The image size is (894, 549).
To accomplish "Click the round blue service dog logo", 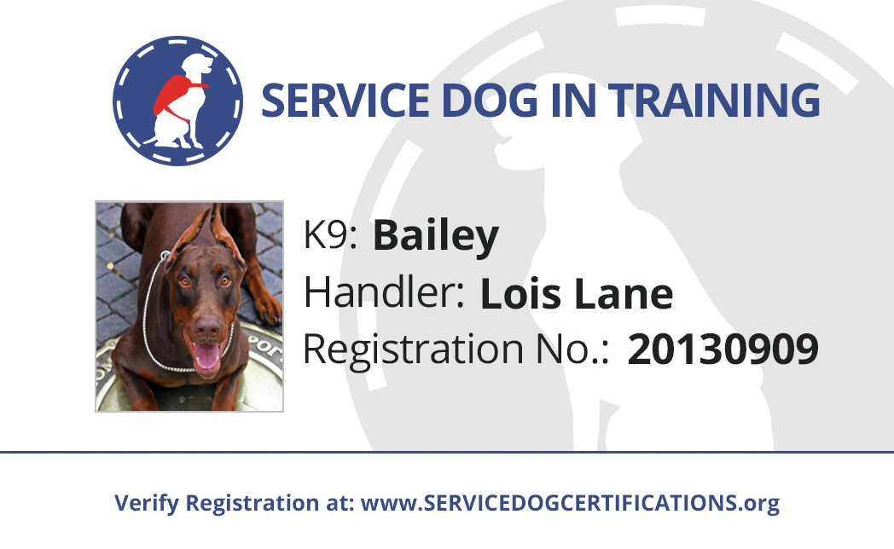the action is [x=178, y=101].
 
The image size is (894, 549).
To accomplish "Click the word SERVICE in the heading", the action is [x=345, y=101].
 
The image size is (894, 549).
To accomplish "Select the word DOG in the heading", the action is [x=490, y=101].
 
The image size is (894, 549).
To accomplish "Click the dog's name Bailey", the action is [x=436, y=236].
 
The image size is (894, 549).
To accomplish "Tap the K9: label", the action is [x=331, y=234].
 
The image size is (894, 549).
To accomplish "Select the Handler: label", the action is [x=384, y=292].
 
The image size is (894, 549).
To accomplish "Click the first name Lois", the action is [x=521, y=294].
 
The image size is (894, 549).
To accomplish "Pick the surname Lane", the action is [x=624, y=294].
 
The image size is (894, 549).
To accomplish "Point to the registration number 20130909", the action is [x=723, y=349].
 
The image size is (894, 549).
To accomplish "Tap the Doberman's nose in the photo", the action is [x=207, y=327].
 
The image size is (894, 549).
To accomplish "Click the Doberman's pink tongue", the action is [x=207, y=357].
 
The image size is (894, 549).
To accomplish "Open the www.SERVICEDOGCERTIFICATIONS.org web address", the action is [x=570, y=504].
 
